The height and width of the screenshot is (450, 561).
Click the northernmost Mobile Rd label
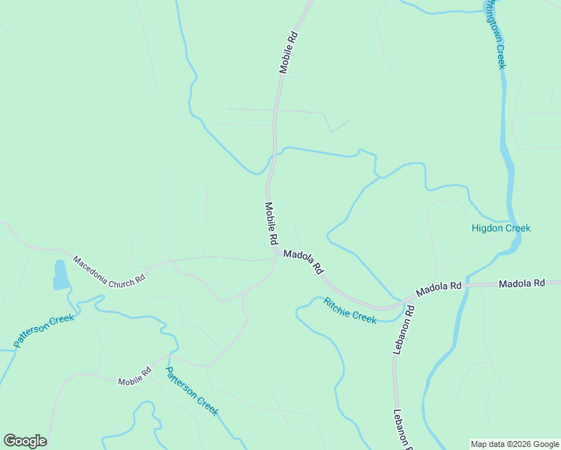tap(289, 52)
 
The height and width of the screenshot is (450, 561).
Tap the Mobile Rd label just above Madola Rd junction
tap(271, 223)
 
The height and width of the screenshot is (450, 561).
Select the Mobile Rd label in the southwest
tap(134, 376)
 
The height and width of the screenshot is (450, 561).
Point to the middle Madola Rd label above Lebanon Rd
tap(439, 288)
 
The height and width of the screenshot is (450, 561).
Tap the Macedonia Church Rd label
tap(109, 271)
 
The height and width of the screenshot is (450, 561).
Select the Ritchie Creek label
tap(349, 310)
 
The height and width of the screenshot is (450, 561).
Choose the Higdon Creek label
tap(501, 228)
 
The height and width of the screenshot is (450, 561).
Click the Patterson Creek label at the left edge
tap(44, 331)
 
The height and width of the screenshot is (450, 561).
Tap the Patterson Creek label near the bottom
tap(191, 391)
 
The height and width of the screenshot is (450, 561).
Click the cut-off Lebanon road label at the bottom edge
tap(404, 429)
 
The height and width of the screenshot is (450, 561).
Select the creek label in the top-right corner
tap(494, 34)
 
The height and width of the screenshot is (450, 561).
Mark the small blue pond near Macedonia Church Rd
tap(60, 275)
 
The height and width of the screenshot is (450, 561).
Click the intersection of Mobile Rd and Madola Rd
tap(277, 254)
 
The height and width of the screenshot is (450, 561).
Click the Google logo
tap(25, 441)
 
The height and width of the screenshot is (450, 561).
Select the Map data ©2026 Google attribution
tap(514, 444)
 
